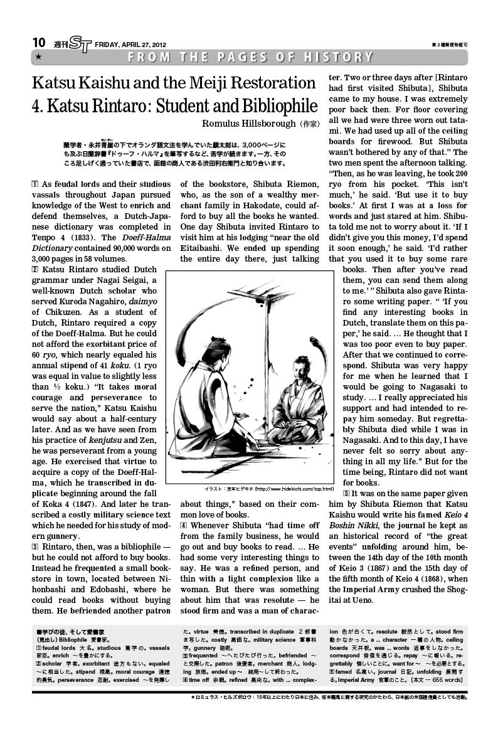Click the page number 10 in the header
click(39, 42)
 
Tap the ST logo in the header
click(80, 43)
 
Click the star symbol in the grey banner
click(39, 58)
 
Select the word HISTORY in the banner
click(339, 58)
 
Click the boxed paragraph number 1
click(34, 184)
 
